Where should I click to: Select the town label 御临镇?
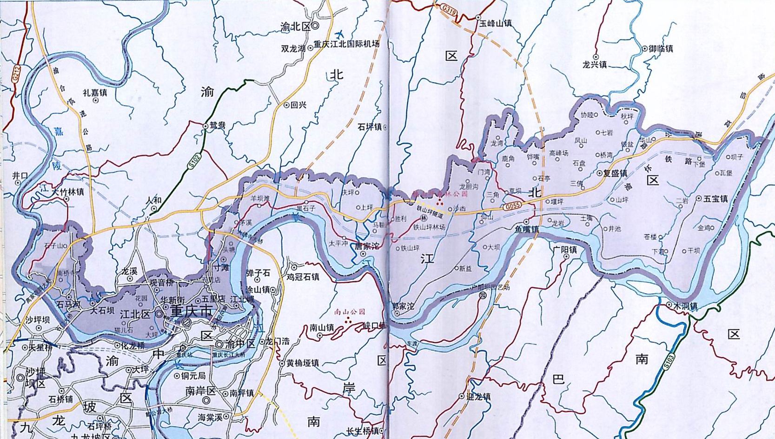coord(661,48)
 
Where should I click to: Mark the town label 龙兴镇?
coord(595,65)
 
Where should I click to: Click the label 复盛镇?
coord(615,173)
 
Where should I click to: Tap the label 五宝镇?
coord(715,198)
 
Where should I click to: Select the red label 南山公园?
coord(350,311)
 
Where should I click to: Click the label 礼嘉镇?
coord(95,93)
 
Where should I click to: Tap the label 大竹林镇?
coord(68,191)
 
